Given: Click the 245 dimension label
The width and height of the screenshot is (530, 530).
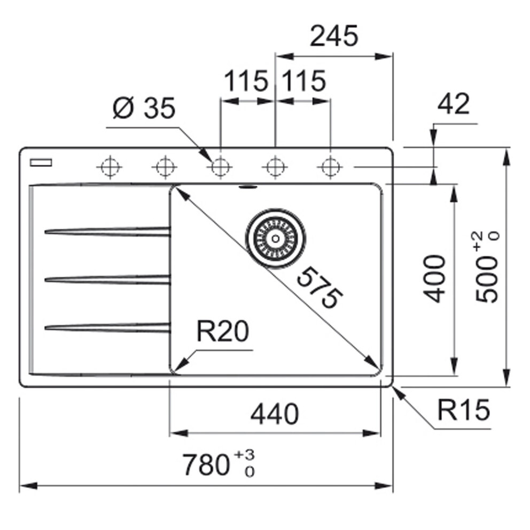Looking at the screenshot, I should tap(333, 36).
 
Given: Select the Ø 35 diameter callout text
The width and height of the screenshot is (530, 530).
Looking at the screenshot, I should tap(144, 110).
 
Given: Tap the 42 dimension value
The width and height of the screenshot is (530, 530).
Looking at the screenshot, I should tap(453, 104).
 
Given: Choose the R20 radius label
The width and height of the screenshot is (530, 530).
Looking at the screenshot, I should tap(222, 332).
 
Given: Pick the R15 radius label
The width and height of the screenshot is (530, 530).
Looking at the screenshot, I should tap(463, 410).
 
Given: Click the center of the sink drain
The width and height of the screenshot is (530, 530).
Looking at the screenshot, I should tap(276, 238).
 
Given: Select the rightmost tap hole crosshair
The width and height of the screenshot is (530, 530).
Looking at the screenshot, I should tap(330, 167).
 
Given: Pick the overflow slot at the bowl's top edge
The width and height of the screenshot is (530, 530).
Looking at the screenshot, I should tap(247, 187).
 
